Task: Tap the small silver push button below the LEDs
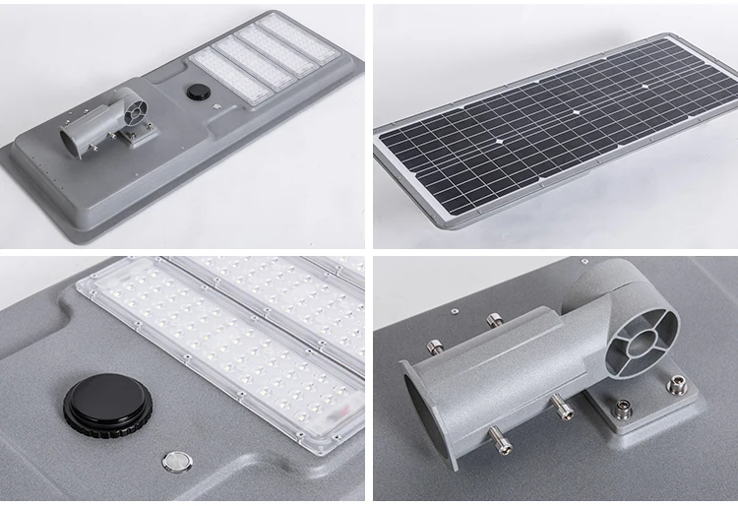(x=177, y=460)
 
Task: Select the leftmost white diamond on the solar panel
(x=502, y=142)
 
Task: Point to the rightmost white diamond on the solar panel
(x=646, y=86)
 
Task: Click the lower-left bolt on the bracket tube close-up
(x=504, y=446)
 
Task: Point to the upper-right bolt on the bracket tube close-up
(x=493, y=320)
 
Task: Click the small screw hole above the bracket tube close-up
(x=456, y=309)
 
